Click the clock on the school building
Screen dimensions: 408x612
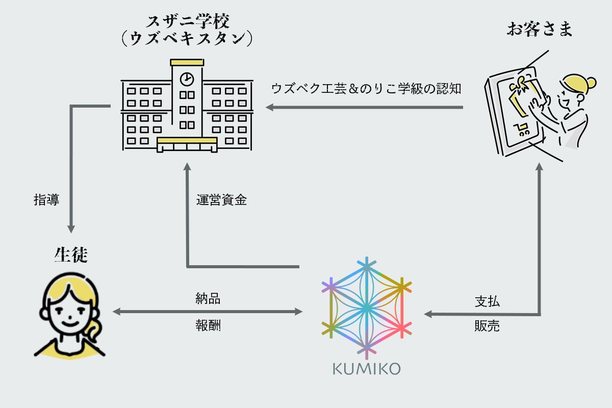pyautogui.click(x=187, y=79)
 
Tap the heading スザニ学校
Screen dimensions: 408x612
pyautogui.click(x=187, y=22)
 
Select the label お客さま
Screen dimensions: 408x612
pyautogui.click(x=539, y=29)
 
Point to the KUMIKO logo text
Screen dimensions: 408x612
pyautogui.click(x=367, y=369)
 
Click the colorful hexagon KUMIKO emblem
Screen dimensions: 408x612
pyautogui.click(x=366, y=308)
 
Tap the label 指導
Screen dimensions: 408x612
pyautogui.click(x=46, y=200)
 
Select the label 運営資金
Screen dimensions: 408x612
pyautogui.click(x=222, y=200)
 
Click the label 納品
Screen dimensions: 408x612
pyautogui.click(x=208, y=299)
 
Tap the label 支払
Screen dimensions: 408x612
pyautogui.click(x=487, y=301)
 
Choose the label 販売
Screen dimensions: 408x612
pyautogui.click(x=487, y=326)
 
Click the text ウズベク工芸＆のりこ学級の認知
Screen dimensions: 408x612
pyautogui.click(x=366, y=88)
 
